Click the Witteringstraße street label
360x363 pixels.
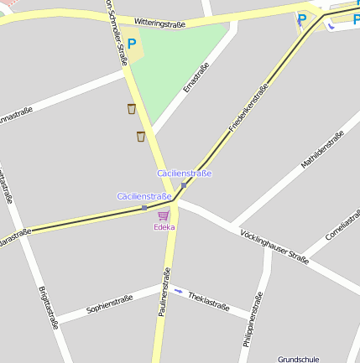(159, 24)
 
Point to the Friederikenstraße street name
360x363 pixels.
(248, 108)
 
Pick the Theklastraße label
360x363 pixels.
(209, 301)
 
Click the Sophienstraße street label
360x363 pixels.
(111, 309)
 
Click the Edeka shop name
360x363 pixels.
(164, 227)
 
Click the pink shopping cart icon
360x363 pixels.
(163, 215)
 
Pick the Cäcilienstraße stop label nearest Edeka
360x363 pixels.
(144, 195)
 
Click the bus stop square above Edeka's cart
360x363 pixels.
(144, 207)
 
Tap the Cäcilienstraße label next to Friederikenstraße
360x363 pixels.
(185, 173)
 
